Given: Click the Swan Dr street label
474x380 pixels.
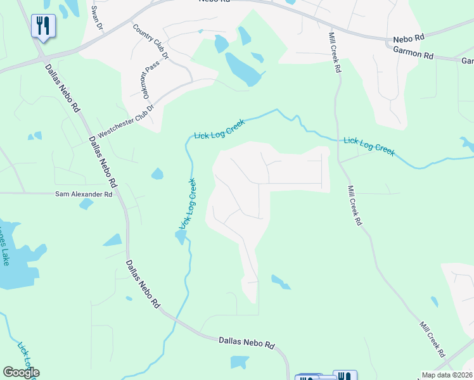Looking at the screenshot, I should [x=96, y=18].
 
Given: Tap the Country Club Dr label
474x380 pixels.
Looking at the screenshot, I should [x=151, y=42].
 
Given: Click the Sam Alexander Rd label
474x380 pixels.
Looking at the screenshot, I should [x=83, y=194].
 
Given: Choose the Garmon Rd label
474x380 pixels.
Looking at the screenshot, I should [x=413, y=55].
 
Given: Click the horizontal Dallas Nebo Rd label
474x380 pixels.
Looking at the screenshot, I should [x=247, y=344].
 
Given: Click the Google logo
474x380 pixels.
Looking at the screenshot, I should [x=21, y=372].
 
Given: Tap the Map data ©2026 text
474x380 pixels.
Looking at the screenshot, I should [x=447, y=375].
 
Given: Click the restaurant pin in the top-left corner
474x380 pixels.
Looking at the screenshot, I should [x=43, y=26].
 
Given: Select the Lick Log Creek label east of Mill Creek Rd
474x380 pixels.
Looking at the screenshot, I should [x=369, y=146].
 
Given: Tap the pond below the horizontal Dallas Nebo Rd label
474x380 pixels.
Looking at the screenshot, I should [x=239, y=362].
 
